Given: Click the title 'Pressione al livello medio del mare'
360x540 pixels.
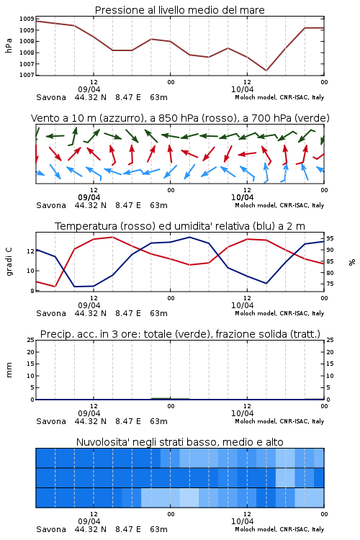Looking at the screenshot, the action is (179, 10).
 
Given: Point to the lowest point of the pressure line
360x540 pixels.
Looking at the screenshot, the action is (266, 71).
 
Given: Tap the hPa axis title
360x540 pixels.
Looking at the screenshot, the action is (9, 45).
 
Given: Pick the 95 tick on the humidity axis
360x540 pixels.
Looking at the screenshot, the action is (330, 238).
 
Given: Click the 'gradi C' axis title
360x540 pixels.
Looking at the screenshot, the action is (9, 261).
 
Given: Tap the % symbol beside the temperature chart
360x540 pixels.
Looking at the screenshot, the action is (352, 262).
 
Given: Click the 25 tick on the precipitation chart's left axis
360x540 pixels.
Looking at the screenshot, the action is (31, 340).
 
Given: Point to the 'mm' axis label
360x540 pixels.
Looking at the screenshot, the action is (9, 370).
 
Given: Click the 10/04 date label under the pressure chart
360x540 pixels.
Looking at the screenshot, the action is (242, 89).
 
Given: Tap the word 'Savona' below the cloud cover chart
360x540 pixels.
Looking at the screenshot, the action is (51, 529).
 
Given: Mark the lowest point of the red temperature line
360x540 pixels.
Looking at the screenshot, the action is (55, 287).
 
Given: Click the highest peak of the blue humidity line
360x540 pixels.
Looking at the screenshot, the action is (189, 237).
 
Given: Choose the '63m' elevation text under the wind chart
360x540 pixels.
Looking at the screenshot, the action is (158, 205).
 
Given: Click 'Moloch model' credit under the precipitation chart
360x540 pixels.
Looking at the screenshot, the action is (256, 421).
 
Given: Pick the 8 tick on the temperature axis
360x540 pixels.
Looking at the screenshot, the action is (32, 291).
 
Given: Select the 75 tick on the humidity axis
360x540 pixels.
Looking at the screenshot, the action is (330, 284).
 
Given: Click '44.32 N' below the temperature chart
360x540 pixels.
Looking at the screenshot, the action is (90, 313).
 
